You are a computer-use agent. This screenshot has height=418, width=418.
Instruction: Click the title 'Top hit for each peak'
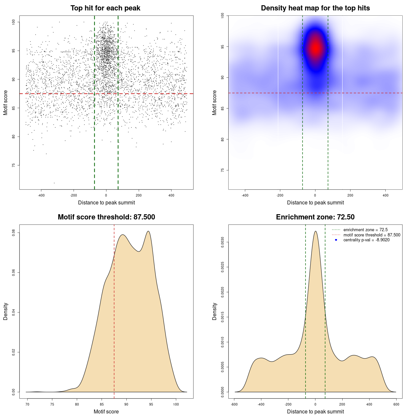(x=105, y=8)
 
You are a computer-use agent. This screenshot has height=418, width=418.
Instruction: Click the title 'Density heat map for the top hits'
(x=315, y=8)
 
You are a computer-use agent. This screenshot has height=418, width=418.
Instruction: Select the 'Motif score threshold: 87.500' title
(x=106, y=217)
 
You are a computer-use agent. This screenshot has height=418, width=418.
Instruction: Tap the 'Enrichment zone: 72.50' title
(x=315, y=217)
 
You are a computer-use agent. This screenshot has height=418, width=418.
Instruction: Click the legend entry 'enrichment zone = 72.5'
(x=365, y=230)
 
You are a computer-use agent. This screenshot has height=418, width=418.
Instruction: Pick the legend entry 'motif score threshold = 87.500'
(x=372, y=235)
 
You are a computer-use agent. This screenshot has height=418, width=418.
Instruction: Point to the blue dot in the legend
(x=336, y=240)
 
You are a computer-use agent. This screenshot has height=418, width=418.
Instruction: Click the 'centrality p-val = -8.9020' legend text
(x=366, y=240)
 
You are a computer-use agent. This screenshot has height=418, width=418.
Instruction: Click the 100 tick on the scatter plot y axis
(x=14, y=22)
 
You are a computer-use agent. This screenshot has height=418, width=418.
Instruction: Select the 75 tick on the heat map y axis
(x=222, y=170)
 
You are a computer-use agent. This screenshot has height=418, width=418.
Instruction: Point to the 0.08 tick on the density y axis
(x=14, y=233)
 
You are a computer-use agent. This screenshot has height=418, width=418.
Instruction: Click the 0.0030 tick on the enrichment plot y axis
(x=222, y=242)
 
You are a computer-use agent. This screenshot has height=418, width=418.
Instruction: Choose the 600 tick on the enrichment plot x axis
(x=396, y=404)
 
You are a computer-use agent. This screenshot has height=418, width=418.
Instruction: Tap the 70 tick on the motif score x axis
(x=27, y=404)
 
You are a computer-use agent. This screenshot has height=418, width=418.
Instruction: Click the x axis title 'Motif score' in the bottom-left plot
(x=106, y=411)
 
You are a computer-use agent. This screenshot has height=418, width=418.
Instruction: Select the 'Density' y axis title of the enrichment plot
(x=215, y=311)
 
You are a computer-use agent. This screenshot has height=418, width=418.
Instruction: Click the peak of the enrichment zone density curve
(x=315, y=231)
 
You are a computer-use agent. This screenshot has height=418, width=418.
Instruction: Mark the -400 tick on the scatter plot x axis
(x=41, y=195)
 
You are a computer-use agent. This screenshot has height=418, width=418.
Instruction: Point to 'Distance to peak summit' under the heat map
(x=315, y=202)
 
